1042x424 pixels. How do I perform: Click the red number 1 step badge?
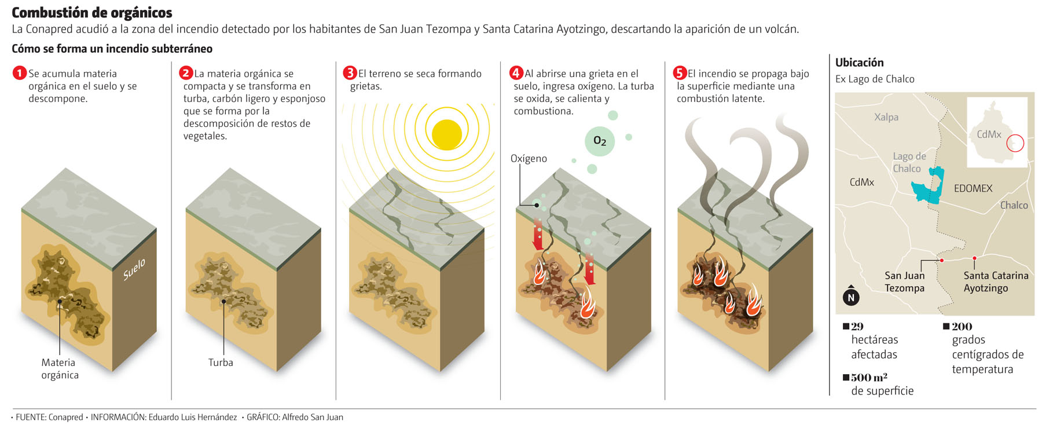point(20,74)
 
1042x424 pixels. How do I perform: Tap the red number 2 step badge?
point(185,73)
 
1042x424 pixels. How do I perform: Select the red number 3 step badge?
point(350,73)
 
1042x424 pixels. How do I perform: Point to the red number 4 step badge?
point(516,73)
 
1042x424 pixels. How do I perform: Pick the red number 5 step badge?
point(680,73)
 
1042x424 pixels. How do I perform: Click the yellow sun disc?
point(446,134)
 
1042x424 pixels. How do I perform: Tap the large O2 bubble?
point(600,141)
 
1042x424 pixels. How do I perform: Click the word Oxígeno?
point(529,159)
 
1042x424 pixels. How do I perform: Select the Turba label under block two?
point(221,363)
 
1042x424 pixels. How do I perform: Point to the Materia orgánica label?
point(59,368)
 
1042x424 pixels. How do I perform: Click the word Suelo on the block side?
point(134,270)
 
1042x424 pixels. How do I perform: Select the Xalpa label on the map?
point(886,117)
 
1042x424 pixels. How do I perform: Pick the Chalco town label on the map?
point(1014,205)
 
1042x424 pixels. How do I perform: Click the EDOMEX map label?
point(973,188)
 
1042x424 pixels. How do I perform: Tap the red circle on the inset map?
point(1015,143)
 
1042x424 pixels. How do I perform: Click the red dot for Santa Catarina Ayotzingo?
point(974,258)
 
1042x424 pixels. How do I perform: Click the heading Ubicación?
point(859,63)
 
